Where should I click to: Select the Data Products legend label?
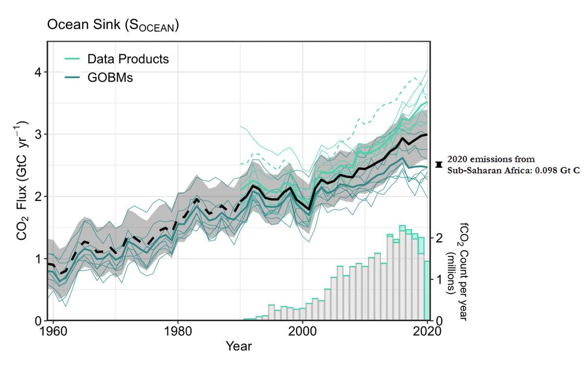[128, 59]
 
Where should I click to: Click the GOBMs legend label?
[110, 77]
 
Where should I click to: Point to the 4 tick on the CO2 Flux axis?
[37, 72]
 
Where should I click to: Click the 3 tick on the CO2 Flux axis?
[37, 134]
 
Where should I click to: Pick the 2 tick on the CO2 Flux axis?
[37, 196]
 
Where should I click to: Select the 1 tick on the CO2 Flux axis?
[37, 258]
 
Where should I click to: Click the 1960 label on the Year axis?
[53, 330]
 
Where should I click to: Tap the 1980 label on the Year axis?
[177, 330]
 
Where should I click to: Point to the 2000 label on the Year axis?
[303, 330]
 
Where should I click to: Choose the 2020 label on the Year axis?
[427, 330]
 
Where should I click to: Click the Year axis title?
[239, 346]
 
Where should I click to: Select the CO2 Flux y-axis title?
[22, 182]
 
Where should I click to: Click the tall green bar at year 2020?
[426, 291]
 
